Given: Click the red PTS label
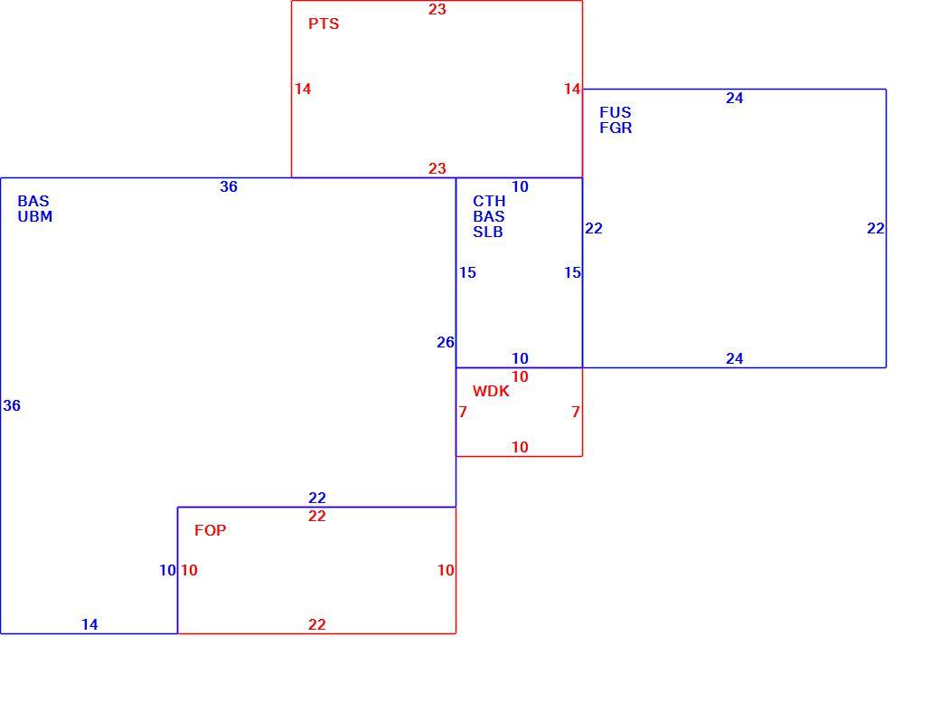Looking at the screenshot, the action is (x=324, y=24).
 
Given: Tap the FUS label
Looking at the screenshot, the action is (x=616, y=112).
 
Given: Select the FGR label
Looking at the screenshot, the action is (x=616, y=128).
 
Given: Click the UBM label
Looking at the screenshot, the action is (x=34, y=216).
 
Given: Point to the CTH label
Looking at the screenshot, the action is (x=489, y=201).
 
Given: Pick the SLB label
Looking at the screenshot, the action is (x=488, y=232).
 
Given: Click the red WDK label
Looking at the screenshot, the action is (x=491, y=392).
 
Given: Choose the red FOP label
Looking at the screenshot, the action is (x=211, y=530).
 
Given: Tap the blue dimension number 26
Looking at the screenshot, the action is (x=446, y=342).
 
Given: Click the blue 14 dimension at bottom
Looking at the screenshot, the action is (x=89, y=624).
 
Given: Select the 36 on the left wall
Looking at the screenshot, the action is (x=12, y=406).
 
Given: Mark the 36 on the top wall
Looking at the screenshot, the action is (x=229, y=186).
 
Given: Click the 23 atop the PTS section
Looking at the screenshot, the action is (x=437, y=9).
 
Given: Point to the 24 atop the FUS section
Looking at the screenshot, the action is (x=734, y=98).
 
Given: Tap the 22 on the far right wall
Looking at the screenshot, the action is (x=875, y=228).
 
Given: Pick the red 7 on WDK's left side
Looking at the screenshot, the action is (x=462, y=412).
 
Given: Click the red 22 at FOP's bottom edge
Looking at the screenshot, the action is (x=317, y=624).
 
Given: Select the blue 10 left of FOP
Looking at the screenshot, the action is (x=167, y=570).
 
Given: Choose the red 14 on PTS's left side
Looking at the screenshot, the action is (x=303, y=89).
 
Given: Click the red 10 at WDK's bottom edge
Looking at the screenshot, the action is (x=520, y=447).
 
